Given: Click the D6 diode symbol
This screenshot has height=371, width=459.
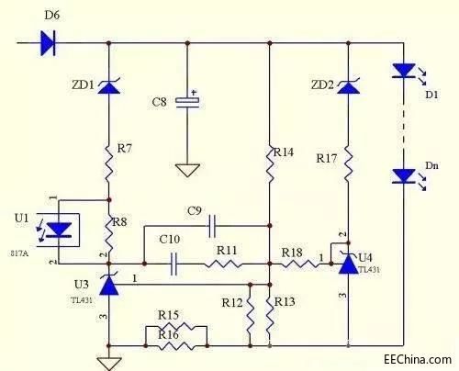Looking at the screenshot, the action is click(x=48, y=43).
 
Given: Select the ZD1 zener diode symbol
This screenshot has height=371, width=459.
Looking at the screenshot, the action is click(x=109, y=86).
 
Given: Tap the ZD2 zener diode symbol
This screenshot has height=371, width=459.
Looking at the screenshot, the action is click(x=348, y=86).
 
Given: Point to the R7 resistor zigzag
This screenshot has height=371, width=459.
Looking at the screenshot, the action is click(x=109, y=163).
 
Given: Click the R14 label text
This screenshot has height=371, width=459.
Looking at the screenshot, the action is click(x=284, y=152).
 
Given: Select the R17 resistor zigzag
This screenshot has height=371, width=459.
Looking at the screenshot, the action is click(x=348, y=163).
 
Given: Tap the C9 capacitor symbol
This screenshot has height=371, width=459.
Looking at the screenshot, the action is click(x=212, y=226).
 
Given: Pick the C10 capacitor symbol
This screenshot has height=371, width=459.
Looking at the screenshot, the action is click(x=174, y=264).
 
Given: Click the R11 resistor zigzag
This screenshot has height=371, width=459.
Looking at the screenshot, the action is click(x=223, y=264).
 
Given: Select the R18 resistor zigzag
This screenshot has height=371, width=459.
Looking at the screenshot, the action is click(x=300, y=264).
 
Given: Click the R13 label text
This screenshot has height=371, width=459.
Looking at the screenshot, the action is click(x=285, y=302).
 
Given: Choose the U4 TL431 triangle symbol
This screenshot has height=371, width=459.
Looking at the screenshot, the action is click(x=349, y=264).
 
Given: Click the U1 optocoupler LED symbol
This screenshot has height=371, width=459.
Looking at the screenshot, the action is click(x=59, y=230).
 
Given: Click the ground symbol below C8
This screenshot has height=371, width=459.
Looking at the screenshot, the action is click(x=187, y=170).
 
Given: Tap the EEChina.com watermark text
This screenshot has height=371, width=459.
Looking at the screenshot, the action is click(x=418, y=359).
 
